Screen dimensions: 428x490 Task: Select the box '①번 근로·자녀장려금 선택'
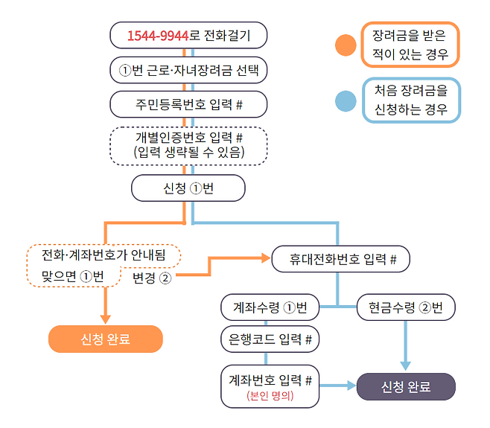tap(188, 71)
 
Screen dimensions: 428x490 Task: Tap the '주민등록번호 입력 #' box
tap(188, 104)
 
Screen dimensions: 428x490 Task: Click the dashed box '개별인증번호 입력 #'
tap(188, 145)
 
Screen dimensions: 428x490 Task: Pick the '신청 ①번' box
tap(188, 188)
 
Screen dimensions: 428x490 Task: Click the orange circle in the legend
tap(345, 45)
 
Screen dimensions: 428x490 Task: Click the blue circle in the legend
tap(345, 100)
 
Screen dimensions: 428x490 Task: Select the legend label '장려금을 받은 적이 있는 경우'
tap(410, 45)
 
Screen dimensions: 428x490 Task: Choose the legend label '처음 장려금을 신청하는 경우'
tap(410, 100)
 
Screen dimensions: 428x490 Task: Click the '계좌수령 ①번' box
tap(270, 307)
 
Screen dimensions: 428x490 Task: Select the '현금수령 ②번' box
tap(406, 307)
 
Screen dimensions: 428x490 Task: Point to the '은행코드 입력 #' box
tap(270, 339)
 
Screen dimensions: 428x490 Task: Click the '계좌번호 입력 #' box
tap(270, 380)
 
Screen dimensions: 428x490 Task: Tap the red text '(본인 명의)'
tap(270, 397)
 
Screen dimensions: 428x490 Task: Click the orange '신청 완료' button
tap(105, 339)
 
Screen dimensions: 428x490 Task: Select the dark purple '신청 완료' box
tap(406, 387)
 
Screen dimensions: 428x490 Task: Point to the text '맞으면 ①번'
tap(72, 276)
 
